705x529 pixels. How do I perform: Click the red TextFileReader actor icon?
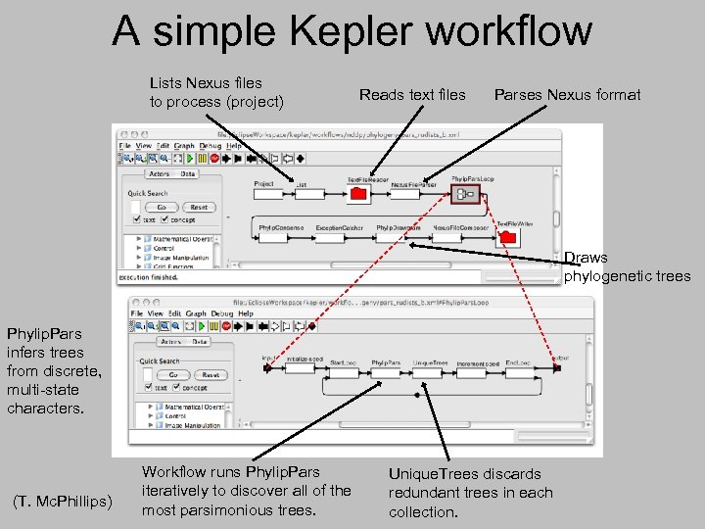click(358, 195)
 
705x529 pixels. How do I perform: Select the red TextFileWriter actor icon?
click(507, 238)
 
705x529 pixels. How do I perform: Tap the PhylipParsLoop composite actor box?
click(464, 195)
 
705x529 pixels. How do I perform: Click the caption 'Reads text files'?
click(412, 95)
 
